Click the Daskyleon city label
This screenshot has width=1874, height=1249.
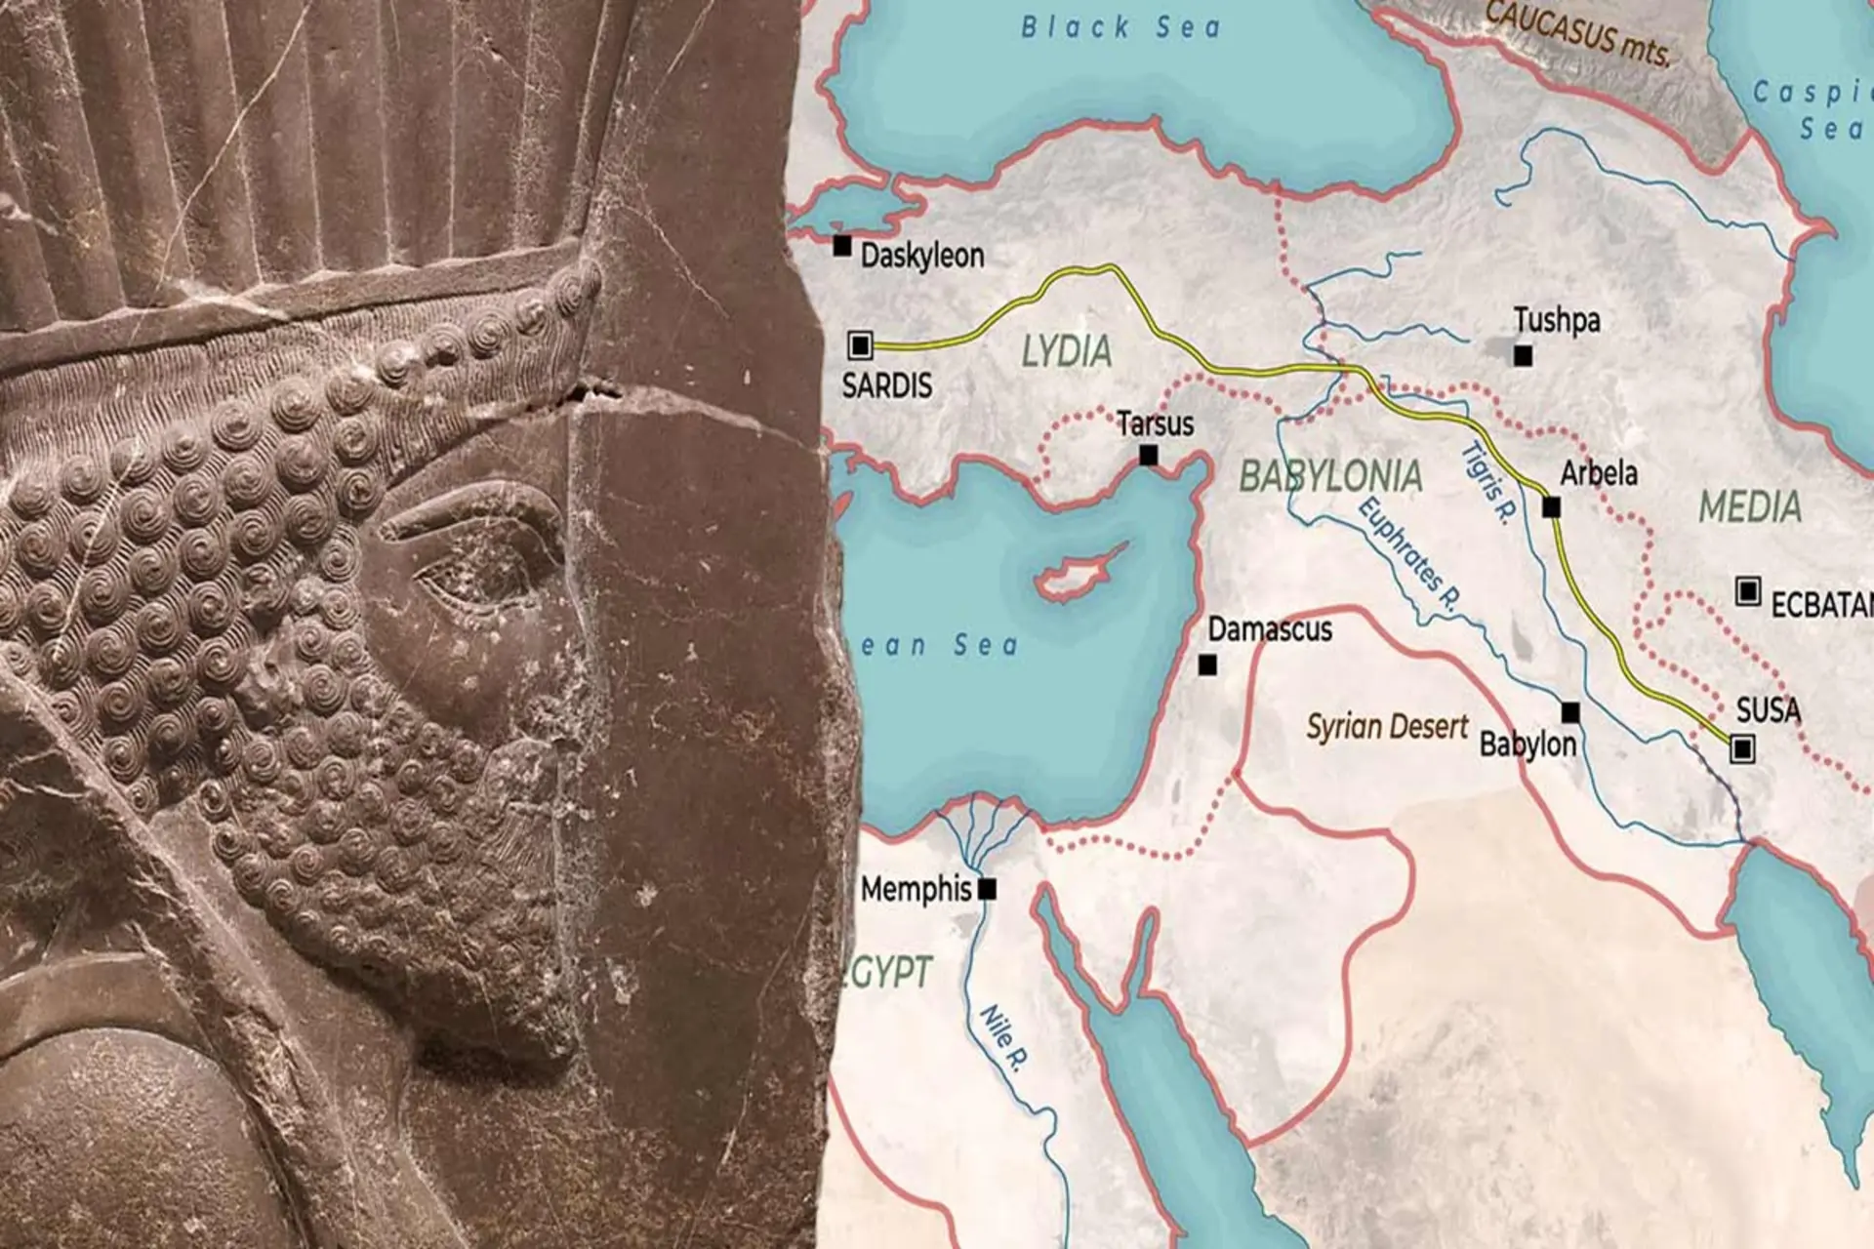[921, 256]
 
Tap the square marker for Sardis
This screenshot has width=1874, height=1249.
[860, 344]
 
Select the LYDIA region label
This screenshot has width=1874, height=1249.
[1066, 351]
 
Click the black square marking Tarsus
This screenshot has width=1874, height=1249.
[1149, 455]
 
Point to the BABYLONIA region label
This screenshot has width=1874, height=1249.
[1330, 476]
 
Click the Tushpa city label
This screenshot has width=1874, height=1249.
[1557, 320]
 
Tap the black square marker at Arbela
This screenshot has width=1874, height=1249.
[1551, 507]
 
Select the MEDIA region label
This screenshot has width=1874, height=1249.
[1750, 507]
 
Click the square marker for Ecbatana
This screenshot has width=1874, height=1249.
[1748, 590]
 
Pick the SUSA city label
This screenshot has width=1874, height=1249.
[1769, 709]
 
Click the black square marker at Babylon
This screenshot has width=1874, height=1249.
[1570, 712]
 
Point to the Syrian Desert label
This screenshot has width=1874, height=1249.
[1387, 727]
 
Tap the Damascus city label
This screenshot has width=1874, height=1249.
[1270, 629]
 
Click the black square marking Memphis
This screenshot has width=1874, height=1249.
[987, 889]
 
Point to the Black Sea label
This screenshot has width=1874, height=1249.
[1120, 27]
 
